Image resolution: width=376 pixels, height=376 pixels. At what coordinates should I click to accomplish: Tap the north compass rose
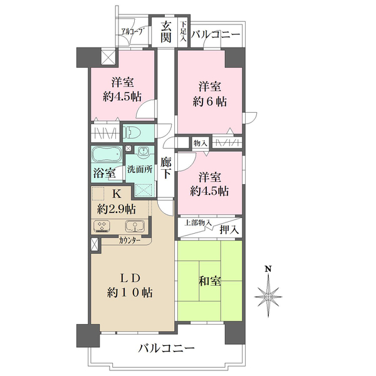(x=268, y=294)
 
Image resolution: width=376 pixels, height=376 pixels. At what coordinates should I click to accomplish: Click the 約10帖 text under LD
(x=131, y=292)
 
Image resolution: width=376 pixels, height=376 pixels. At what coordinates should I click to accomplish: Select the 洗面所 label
(x=140, y=169)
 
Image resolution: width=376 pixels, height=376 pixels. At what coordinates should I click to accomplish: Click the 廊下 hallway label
(x=166, y=167)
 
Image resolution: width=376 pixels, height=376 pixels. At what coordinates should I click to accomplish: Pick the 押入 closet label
(x=229, y=230)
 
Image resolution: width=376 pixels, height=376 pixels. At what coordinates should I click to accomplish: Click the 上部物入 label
(x=197, y=222)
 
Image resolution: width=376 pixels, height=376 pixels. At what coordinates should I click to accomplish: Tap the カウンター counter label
(x=130, y=239)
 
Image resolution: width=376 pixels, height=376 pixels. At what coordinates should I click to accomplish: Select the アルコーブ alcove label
(x=133, y=31)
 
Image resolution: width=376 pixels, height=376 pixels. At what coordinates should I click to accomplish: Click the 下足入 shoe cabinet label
(x=183, y=32)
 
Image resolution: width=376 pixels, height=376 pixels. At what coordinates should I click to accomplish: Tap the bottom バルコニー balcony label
(x=167, y=349)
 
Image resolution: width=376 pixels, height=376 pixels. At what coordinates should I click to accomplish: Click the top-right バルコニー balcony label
(x=216, y=34)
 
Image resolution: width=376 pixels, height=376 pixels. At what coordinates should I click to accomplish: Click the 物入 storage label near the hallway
(x=200, y=144)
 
